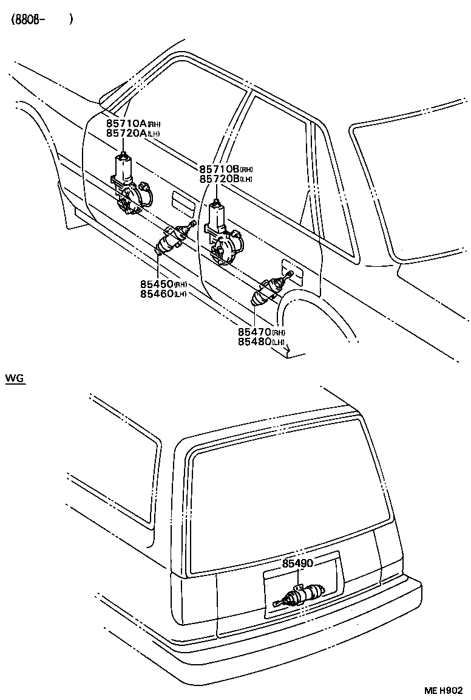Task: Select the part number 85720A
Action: tap(126, 132)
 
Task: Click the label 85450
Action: tap(156, 284)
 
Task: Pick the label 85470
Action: tap(254, 332)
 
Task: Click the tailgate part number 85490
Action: tap(297, 564)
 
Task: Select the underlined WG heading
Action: tap(14, 378)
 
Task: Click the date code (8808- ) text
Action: tap(41, 19)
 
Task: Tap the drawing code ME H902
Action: tap(443, 691)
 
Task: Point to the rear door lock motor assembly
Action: tap(222, 234)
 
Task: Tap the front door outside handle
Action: tap(180, 200)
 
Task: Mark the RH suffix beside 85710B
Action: tap(246, 170)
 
